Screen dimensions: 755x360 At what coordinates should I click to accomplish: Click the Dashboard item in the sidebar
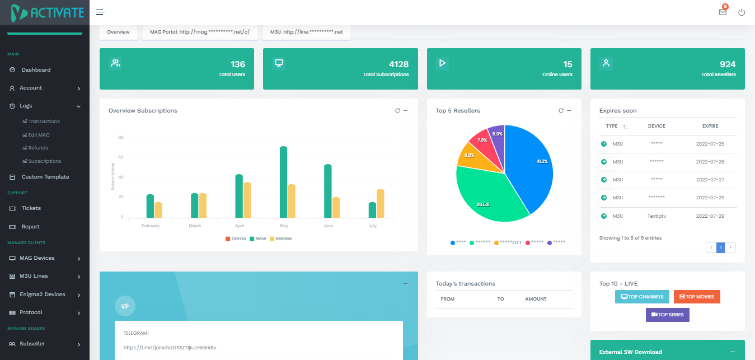(x=36, y=70)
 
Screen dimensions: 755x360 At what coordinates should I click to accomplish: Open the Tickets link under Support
(x=31, y=208)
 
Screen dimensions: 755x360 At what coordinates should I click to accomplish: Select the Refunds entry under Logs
(x=38, y=148)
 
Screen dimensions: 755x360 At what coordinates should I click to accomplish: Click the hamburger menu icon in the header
(x=100, y=12)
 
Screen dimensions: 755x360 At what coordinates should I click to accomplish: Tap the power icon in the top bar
(x=742, y=12)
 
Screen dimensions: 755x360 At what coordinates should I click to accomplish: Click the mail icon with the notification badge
(x=723, y=12)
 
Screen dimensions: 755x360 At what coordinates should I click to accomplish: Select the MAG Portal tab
(x=200, y=32)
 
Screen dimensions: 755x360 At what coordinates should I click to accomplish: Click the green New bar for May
(x=283, y=182)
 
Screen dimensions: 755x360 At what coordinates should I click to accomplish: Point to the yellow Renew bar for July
(x=380, y=204)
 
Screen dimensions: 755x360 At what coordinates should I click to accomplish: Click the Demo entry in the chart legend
(x=236, y=239)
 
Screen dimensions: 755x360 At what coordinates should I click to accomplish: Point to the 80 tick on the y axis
(x=121, y=138)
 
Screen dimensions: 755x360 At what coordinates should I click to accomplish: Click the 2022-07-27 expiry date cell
(x=710, y=180)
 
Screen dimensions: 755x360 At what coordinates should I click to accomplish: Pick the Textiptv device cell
(x=656, y=216)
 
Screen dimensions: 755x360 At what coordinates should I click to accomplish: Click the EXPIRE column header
(x=710, y=126)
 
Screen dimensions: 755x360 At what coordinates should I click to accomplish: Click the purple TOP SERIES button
(x=667, y=315)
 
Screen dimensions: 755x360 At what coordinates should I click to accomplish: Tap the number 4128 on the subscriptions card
(x=398, y=64)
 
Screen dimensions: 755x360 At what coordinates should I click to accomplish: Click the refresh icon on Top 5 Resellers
(x=561, y=110)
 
